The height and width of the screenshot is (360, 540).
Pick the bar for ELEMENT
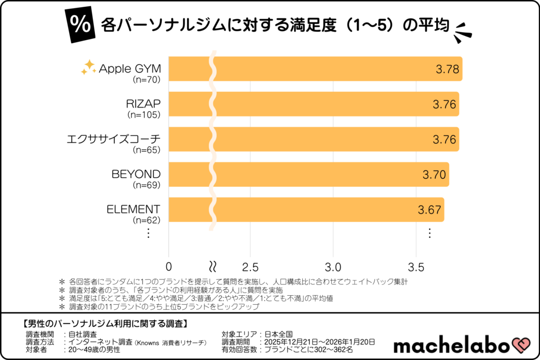306,209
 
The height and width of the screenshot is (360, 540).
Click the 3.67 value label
429,209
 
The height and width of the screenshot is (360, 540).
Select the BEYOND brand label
136,174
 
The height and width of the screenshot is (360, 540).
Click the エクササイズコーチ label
113,139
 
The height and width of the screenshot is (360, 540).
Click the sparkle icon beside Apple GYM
88,67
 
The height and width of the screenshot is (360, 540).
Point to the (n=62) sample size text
146,219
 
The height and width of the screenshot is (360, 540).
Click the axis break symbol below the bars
213,265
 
